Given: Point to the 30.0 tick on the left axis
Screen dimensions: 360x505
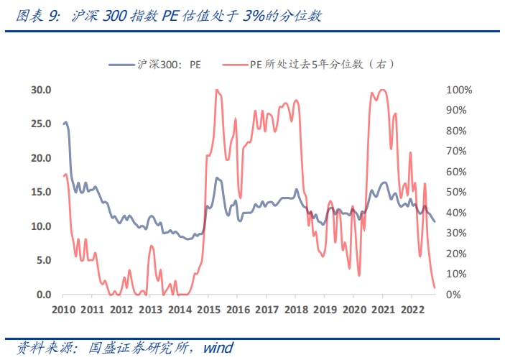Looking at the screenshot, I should click(40, 90).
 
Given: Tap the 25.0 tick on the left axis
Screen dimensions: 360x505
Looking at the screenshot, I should click(40, 124).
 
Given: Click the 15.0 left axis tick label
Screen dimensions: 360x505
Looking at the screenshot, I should click(40, 193).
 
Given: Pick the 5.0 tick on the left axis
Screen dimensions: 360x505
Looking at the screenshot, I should click(42, 261).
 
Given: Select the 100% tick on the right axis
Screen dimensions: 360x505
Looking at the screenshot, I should click(458, 90).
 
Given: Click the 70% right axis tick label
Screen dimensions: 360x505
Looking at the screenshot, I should click(456, 152).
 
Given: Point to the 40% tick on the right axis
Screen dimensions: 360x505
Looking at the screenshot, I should click(456, 213).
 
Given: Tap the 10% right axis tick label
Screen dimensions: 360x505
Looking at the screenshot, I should click(456, 274).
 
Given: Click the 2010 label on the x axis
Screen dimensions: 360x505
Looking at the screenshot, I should click(63, 309).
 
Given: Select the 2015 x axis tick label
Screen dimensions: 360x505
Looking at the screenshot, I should click(208, 309).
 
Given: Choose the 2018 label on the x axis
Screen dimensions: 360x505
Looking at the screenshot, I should click(295, 309).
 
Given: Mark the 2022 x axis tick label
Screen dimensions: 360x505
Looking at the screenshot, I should click(411, 309).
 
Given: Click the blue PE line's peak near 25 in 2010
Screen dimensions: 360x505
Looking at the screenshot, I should click(66, 123).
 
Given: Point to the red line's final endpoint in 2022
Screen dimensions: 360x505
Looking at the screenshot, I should click(435, 287).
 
